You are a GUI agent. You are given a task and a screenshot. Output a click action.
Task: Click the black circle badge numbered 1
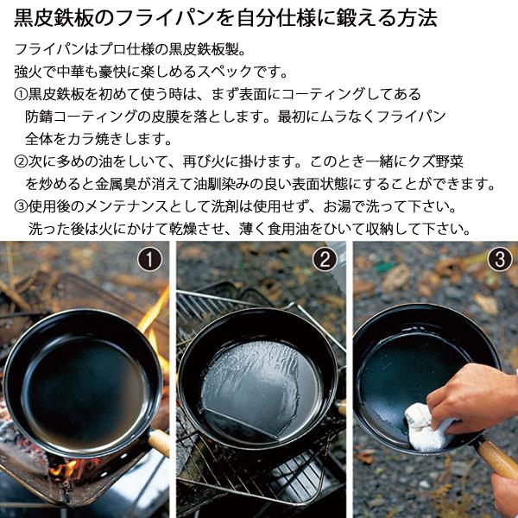[x=149, y=259]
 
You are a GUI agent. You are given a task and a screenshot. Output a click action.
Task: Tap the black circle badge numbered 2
[x=325, y=259]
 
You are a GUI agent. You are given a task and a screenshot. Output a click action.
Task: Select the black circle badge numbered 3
[x=500, y=259]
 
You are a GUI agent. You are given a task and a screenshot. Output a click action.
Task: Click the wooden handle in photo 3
[x=496, y=457]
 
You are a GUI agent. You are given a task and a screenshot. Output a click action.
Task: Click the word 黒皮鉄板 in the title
[x=54, y=18]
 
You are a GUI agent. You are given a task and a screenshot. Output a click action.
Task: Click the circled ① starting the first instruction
[x=21, y=94]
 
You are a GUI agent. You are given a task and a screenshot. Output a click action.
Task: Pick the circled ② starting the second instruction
[x=21, y=161]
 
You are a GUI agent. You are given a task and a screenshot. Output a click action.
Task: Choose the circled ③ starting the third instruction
[x=21, y=206]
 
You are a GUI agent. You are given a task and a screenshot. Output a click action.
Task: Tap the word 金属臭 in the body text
[x=116, y=184]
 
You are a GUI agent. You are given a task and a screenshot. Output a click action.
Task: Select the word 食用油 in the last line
[x=288, y=229]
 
